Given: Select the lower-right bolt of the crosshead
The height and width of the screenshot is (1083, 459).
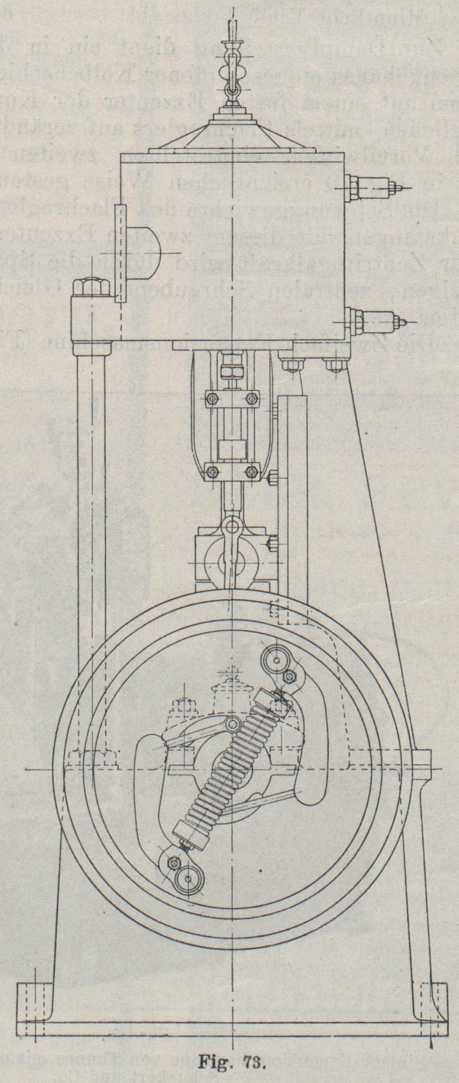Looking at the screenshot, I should (252, 470).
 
